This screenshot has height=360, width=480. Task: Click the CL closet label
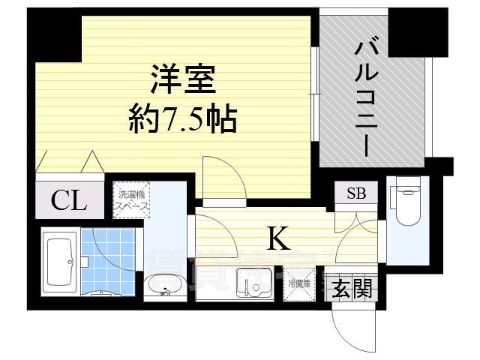(68, 200)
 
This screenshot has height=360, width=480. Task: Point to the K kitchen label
(279, 238)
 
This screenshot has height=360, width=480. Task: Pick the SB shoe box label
(355, 193)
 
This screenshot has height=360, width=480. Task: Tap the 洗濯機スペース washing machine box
(132, 200)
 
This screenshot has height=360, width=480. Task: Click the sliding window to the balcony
(316, 97)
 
